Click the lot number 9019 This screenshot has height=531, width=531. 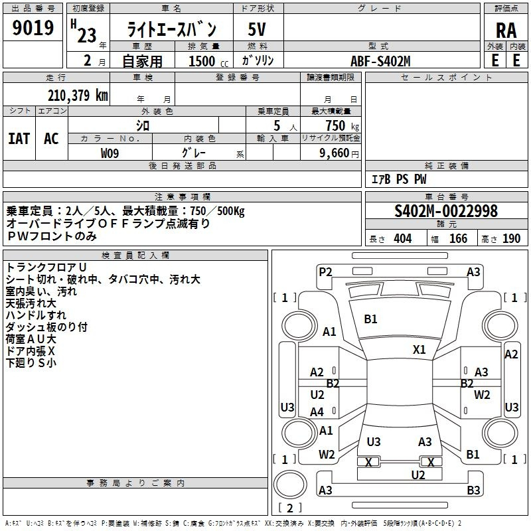coord(33,28)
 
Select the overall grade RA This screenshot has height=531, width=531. coord(506,30)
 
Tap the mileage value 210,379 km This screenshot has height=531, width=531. coord(78,96)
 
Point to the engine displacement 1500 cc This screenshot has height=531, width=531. coord(206,61)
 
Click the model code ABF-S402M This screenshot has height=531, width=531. coord(380,61)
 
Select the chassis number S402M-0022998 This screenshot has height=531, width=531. coord(446,211)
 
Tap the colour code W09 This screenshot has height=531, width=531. coord(110,153)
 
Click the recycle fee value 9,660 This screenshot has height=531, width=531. coord(335,153)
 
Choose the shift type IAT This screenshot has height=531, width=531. coord(19,139)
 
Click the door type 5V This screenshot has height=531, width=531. coord(258,29)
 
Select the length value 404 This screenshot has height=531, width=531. coord(403,239)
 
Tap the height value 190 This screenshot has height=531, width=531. coord(512,239)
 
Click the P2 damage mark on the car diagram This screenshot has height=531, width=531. coord(325,271)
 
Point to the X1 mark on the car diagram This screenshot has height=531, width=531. coord(419,349)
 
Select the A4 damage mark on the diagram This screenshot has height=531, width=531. coord(317,412)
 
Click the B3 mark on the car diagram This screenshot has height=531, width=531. coord(473,491)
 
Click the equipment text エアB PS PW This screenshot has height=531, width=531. coord(398,179)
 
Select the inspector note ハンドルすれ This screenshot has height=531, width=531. coord(36,315)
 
